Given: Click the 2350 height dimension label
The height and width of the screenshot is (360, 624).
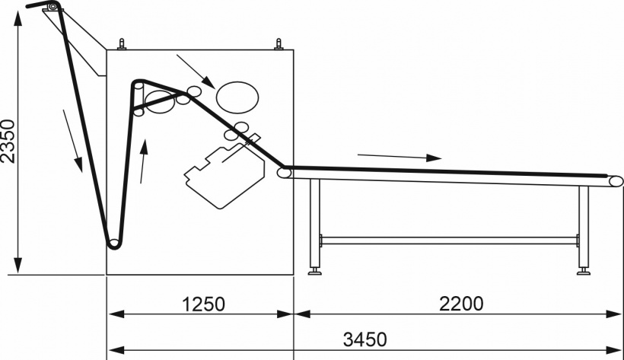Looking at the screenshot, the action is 8,142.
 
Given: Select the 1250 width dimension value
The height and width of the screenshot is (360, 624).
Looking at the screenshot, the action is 203,304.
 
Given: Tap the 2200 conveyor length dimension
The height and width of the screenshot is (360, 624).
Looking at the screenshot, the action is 461,304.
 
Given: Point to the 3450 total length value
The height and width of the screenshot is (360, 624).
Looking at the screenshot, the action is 365,339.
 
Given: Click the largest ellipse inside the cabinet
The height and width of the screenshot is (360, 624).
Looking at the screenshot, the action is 237,97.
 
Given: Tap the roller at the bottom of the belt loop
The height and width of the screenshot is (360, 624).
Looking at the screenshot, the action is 114,243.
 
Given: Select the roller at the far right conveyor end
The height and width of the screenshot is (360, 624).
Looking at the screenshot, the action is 616,181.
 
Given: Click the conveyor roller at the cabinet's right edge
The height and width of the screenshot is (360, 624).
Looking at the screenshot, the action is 284,173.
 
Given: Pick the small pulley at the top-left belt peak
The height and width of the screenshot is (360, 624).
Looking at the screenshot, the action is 53,6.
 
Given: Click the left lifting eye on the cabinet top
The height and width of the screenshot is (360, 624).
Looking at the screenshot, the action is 122,44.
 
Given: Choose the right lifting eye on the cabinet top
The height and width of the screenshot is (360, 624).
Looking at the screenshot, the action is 279,44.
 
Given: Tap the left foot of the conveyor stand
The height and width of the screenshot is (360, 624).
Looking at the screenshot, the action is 315,271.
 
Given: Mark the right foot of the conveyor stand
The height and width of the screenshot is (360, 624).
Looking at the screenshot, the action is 584,271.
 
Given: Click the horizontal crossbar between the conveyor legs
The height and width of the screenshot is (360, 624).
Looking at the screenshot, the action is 448,241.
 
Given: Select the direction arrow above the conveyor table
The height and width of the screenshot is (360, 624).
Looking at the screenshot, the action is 400,157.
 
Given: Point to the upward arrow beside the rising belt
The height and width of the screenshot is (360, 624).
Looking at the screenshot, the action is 143,161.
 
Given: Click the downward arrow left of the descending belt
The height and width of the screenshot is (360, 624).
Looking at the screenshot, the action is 72,141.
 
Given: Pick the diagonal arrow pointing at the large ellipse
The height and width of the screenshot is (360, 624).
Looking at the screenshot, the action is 196,72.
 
